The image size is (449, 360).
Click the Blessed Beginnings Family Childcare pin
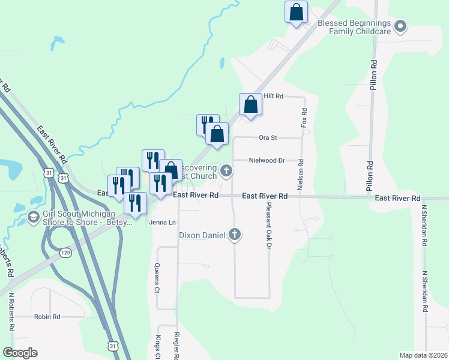[402, 26]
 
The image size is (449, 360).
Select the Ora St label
[267, 137]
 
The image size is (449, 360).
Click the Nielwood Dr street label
[267, 160]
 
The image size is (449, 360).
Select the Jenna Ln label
[162, 222]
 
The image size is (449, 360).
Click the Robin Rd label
[47, 316]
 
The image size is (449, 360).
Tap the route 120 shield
[66, 253]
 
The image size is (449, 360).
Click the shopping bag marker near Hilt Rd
[250, 104]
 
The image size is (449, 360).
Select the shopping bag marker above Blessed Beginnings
[296, 12]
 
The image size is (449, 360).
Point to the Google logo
[20, 353]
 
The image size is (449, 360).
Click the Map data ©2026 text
[423, 355]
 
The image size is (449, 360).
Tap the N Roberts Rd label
[11, 313]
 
